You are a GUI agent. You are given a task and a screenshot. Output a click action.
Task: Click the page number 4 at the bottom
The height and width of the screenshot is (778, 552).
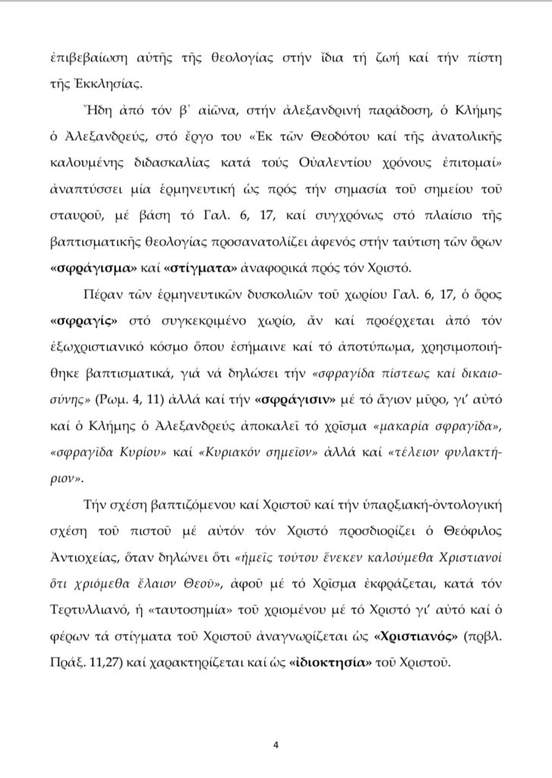coord(276,745)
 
